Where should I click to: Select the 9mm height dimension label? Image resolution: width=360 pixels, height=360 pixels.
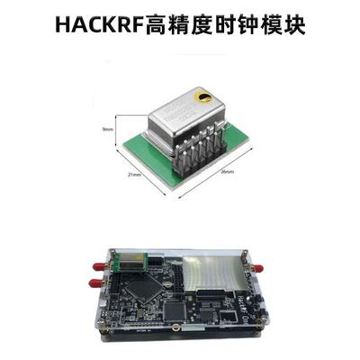point(108,130)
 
